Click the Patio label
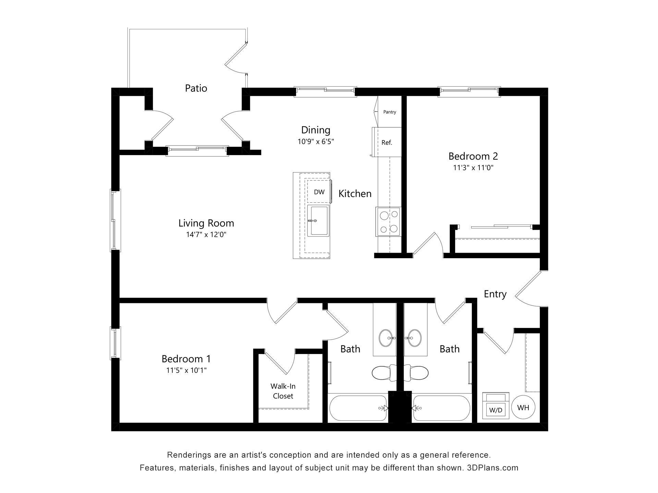click(x=196, y=88)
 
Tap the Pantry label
click(x=390, y=112)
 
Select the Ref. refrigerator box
click(x=387, y=142)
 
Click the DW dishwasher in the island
click(x=319, y=192)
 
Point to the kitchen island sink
click(x=318, y=221)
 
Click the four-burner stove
click(x=388, y=222)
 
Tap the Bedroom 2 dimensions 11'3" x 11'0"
click(x=473, y=168)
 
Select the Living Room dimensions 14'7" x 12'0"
click(x=206, y=235)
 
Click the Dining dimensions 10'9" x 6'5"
click(x=316, y=141)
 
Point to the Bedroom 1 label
click(x=186, y=359)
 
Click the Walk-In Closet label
click(x=283, y=391)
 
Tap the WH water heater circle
click(x=523, y=407)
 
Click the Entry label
click(x=495, y=294)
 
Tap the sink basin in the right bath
click(x=415, y=338)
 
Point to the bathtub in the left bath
click(x=358, y=408)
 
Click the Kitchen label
click(x=355, y=194)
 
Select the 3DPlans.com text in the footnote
click(x=492, y=468)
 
